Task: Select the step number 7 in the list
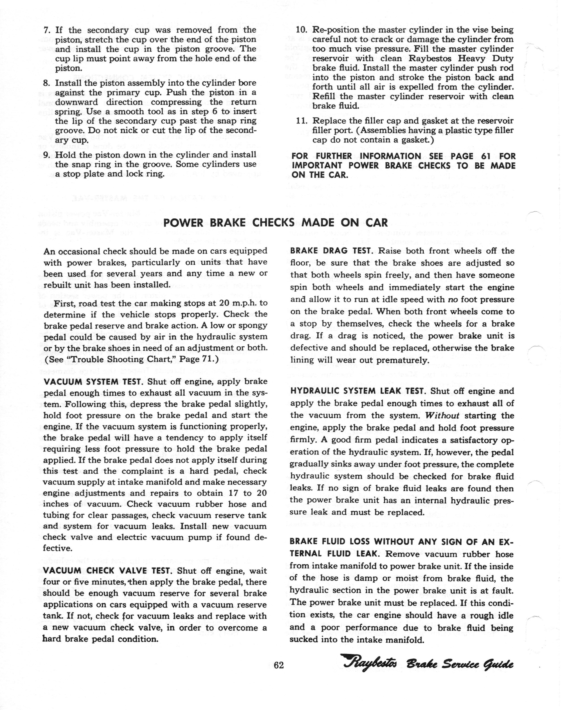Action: (47, 30)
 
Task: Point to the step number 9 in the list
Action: (47, 155)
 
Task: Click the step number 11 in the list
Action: (302, 121)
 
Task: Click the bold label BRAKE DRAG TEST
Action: (332, 251)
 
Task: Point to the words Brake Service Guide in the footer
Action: (460, 664)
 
